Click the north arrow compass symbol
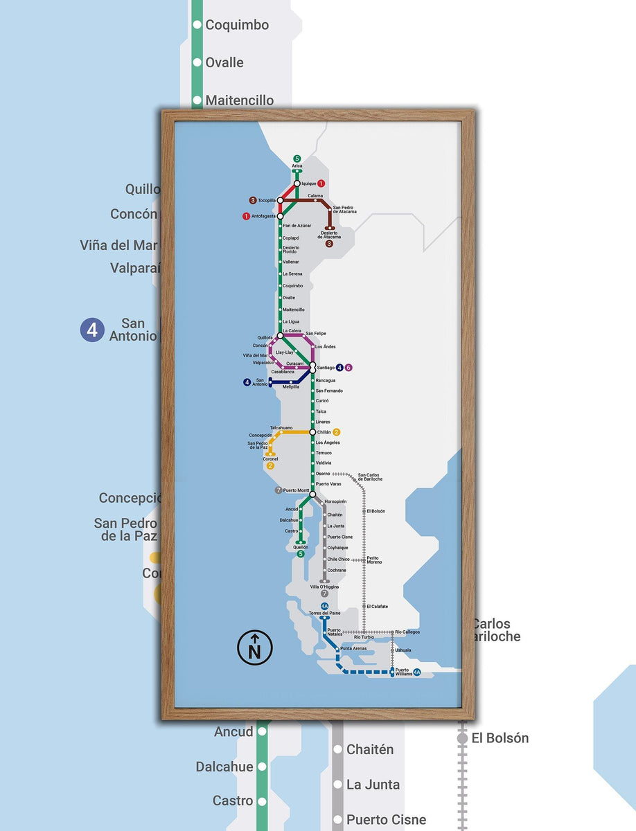pos(254,647)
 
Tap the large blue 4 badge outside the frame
pos(91,330)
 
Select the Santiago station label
pos(325,367)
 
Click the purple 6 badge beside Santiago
pos(348,367)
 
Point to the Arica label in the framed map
pos(297,166)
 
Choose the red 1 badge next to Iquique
pos(321,184)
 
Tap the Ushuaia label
pos(403,650)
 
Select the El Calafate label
pos(377,606)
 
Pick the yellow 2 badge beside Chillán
pos(337,432)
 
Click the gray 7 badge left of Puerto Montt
pos(278,490)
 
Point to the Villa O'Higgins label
pos(324,587)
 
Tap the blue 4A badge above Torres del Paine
pos(324,607)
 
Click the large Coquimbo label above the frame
pos(237,25)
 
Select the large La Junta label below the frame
pos(373,785)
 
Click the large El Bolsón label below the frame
pos(500,738)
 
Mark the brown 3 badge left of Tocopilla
pos(253,200)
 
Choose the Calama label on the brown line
pos(315,195)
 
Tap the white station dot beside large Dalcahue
pos(262,767)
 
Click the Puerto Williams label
pos(403,672)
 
